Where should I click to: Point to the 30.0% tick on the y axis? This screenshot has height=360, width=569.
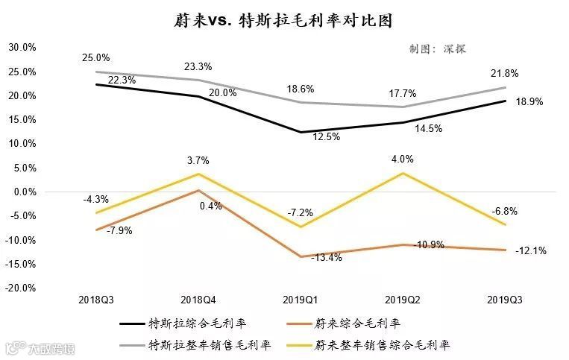pos(22,48)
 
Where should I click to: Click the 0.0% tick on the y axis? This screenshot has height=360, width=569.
pos(24,192)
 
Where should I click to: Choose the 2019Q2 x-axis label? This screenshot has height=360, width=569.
pos(403,299)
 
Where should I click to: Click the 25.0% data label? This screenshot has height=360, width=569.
pos(97,57)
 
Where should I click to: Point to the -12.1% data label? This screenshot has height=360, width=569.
pos(530,251)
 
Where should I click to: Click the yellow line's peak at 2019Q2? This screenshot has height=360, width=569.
pos(403,173)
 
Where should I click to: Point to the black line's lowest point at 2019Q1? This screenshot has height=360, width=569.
pos(301,132)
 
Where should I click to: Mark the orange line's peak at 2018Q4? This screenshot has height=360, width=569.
pos(198,190)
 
